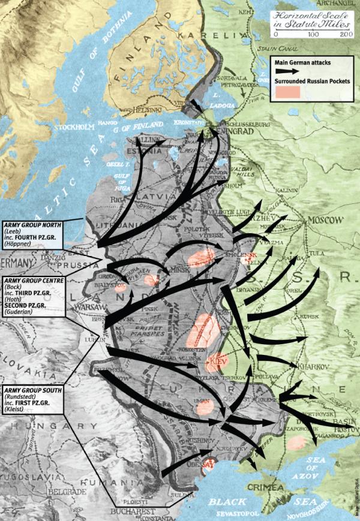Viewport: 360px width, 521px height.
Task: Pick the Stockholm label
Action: point(76,127)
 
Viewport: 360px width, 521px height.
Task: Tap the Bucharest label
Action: point(129,511)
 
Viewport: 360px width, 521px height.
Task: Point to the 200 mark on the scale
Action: point(346,35)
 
